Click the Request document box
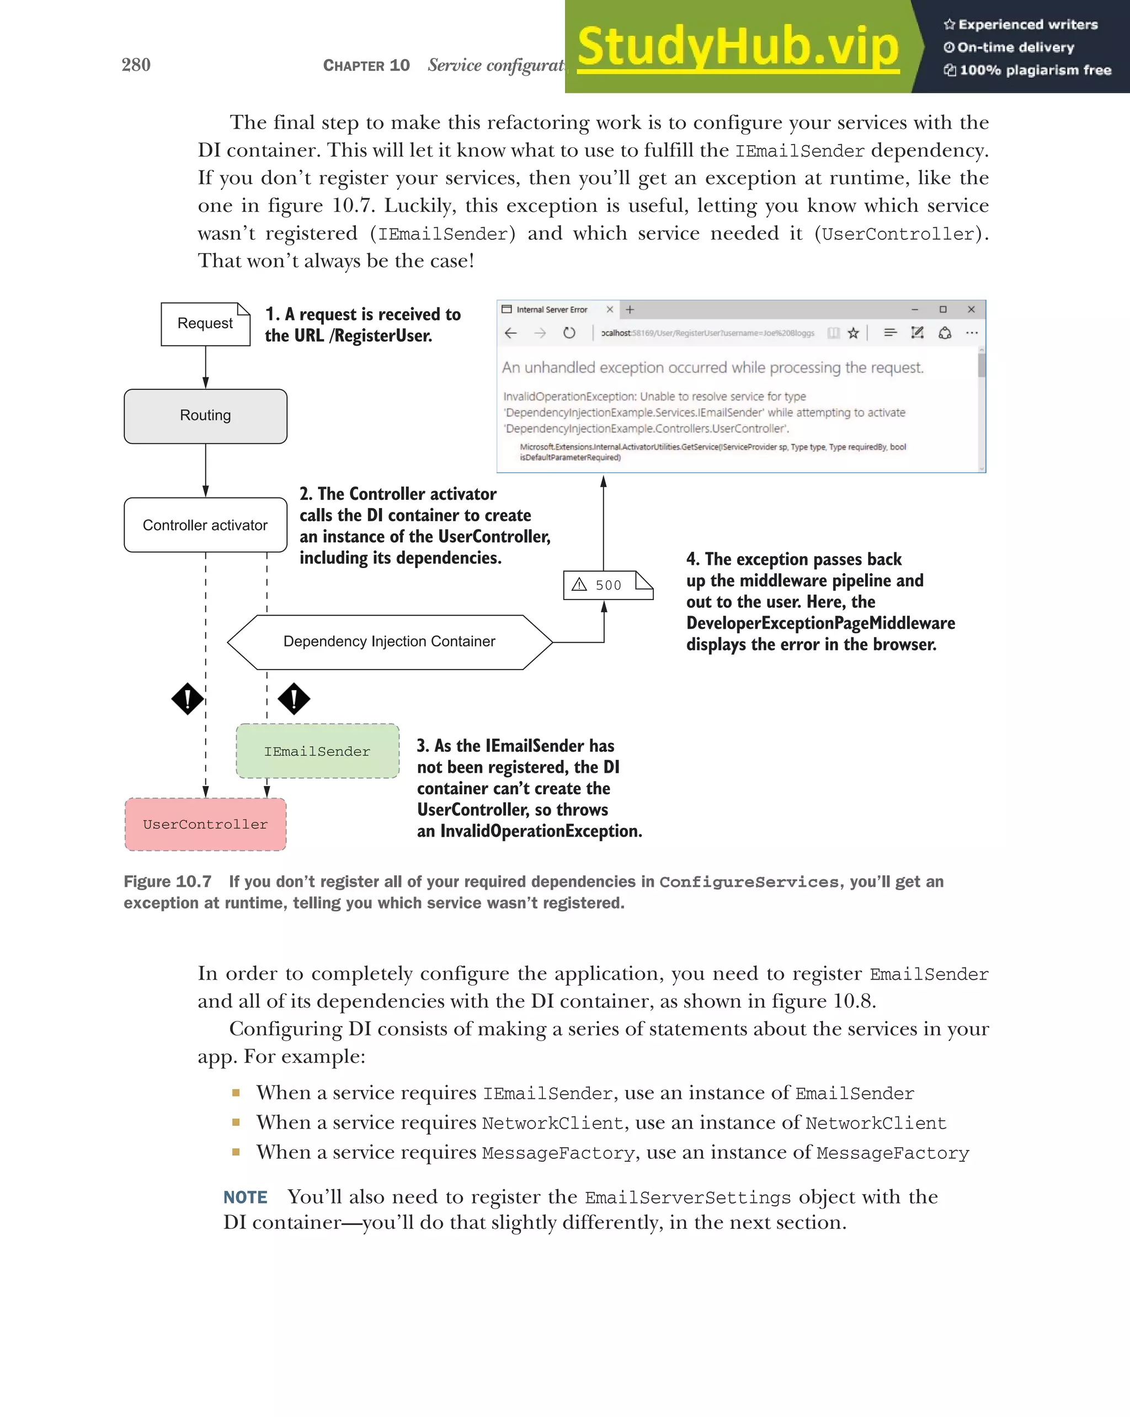tap(205, 324)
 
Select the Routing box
tap(205, 416)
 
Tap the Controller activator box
tap(205, 525)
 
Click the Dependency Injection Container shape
tap(389, 642)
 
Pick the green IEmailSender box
tap(317, 751)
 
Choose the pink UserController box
tap(205, 824)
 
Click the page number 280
tap(136, 65)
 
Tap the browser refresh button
tap(569, 333)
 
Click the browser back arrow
tap(511, 333)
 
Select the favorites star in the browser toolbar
tap(853, 333)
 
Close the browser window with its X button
tap(971, 309)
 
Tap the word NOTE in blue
tap(245, 1197)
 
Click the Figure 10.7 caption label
tap(168, 882)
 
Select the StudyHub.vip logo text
tap(738, 47)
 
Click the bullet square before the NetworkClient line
tap(236, 1122)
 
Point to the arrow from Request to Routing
tap(206, 367)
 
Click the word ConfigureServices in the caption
tap(749, 882)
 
